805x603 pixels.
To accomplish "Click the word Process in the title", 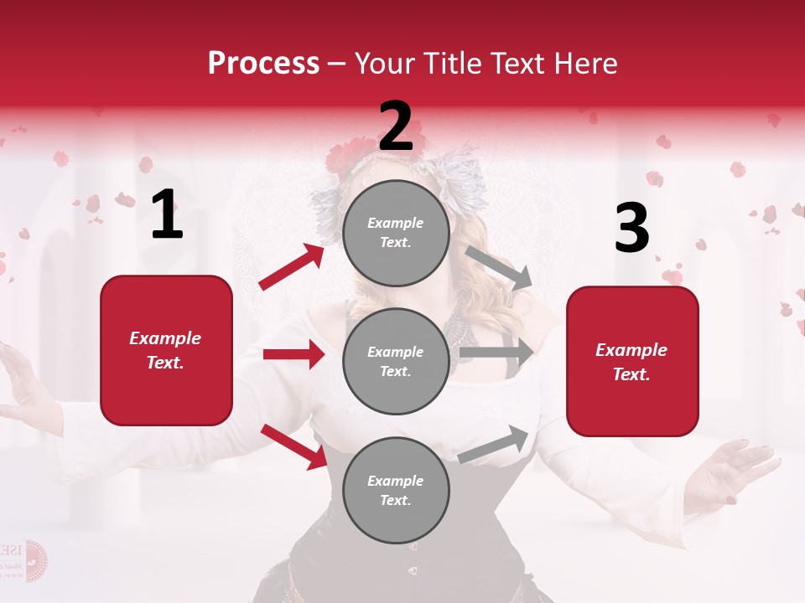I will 263,64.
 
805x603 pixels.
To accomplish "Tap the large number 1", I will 167,216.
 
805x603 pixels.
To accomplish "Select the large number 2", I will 396,126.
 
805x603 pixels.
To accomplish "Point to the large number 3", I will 631,229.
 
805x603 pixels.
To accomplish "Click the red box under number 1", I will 166,350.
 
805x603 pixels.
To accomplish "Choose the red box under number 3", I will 632,362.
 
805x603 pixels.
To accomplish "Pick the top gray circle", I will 396,233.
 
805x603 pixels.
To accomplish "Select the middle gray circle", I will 396,361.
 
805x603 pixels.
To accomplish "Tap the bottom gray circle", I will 396,490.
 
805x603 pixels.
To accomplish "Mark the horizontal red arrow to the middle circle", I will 293,354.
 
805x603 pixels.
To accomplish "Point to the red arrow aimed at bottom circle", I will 293,446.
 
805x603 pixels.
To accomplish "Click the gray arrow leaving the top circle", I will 498,267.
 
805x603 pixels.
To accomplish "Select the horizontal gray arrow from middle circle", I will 496,353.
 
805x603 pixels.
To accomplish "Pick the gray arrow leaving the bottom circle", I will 494,445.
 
